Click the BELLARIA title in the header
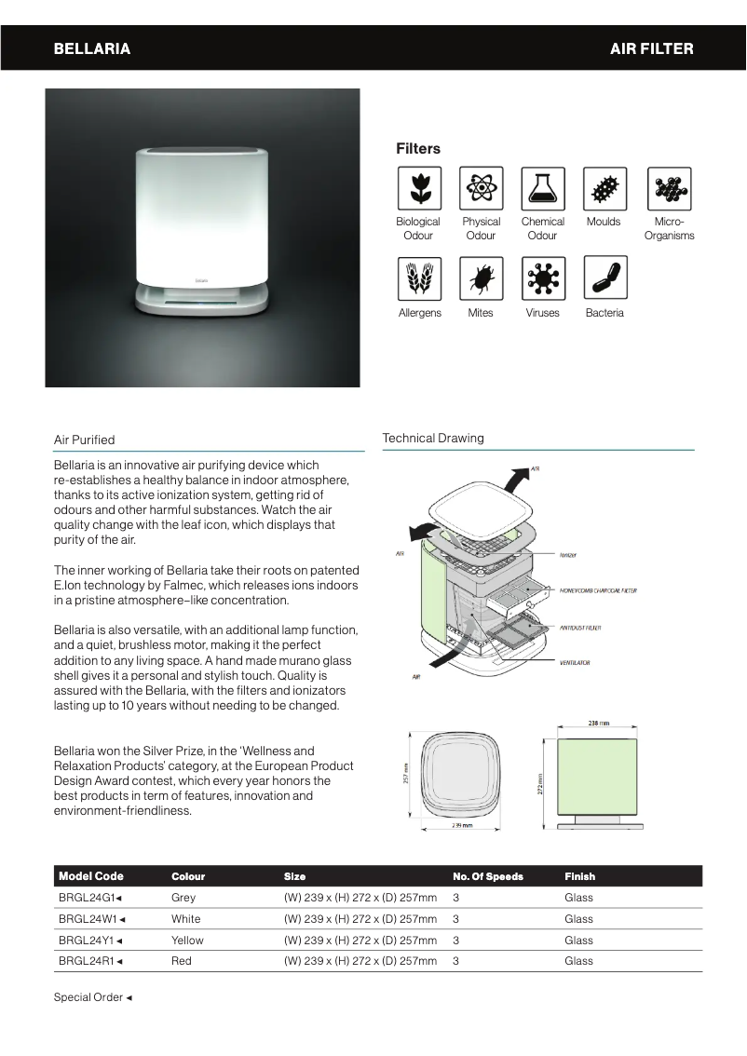click(91, 48)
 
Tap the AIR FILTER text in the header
click(651, 48)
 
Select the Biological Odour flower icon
click(418, 188)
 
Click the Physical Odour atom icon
click(481, 188)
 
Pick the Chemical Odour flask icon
click(542, 188)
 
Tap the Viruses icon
click(542, 278)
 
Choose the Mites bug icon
click(481, 278)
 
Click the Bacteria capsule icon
click(604, 278)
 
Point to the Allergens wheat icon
click(418, 278)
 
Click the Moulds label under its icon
click(604, 222)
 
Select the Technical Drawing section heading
click(433, 439)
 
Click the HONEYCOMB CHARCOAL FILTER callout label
click(598, 590)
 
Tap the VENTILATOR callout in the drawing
click(575, 663)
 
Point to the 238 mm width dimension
click(598, 723)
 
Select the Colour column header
click(188, 876)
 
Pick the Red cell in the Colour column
click(182, 961)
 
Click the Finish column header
click(579, 876)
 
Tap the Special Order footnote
click(92, 997)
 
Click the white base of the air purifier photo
click(202, 298)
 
